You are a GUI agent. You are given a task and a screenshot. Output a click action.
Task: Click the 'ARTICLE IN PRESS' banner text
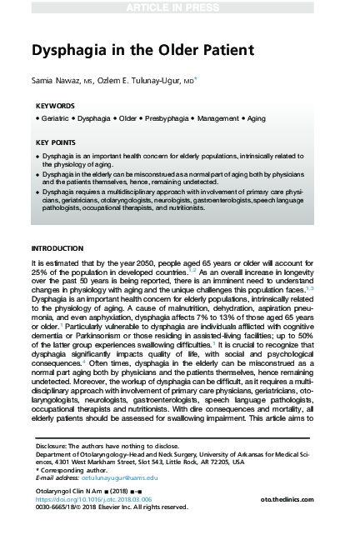tap(179, 7)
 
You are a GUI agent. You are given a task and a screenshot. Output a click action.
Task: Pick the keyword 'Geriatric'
tap(56, 121)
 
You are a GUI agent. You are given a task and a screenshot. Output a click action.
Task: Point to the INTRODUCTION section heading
tap(57, 248)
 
